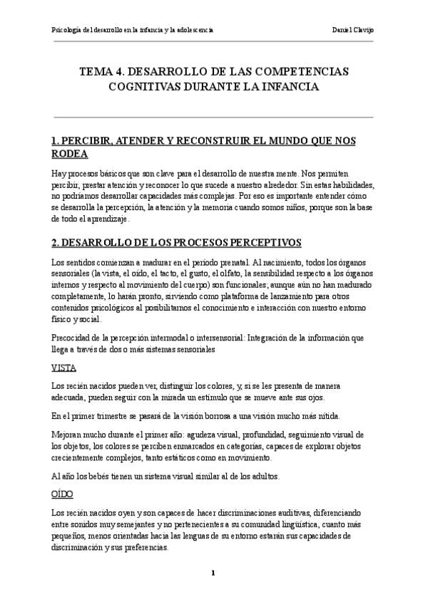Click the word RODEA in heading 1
click(70, 154)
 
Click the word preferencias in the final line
click(146, 548)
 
